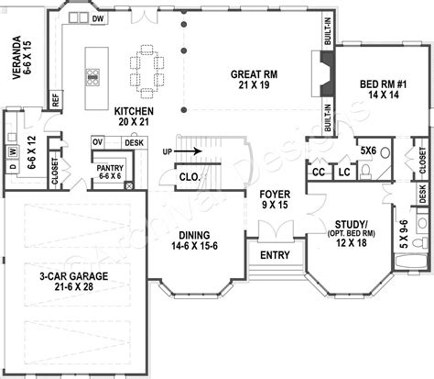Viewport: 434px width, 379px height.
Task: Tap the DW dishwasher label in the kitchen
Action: point(97,18)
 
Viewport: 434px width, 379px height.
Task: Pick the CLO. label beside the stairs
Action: point(190,177)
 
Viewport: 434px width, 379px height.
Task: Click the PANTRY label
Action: point(111,172)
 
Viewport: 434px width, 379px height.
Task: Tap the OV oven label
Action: point(97,142)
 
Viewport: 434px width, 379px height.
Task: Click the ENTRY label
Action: point(276,254)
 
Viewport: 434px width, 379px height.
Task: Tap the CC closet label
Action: point(319,171)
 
